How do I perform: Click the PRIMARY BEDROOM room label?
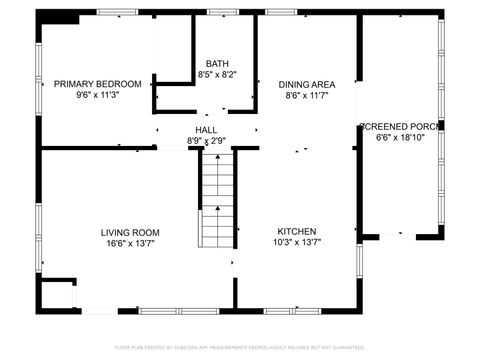[97, 84]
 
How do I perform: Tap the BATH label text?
[216, 62]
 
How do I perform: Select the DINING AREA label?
[306, 84]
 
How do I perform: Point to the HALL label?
[206, 130]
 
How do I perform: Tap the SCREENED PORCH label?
[399, 126]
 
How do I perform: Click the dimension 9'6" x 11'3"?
[97, 96]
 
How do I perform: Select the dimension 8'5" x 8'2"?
[216, 74]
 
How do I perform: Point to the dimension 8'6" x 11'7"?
[306, 96]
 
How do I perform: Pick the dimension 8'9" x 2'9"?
[206, 142]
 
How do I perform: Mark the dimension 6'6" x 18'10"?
[399, 138]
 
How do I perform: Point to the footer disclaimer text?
[240, 348]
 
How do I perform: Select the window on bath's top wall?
[222, 12]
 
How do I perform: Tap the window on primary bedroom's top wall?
[118, 12]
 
